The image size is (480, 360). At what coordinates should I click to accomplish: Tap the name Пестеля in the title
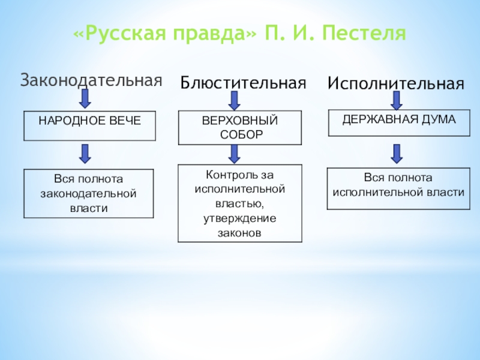point(366,34)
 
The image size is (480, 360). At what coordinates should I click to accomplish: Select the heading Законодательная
point(92,80)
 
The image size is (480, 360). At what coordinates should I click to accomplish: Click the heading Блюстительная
point(244,83)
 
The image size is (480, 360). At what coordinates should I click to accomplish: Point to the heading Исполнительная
point(395,84)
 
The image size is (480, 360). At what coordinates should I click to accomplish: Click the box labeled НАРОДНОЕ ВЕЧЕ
point(89,125)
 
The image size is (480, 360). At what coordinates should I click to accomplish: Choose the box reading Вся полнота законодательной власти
point(88,193)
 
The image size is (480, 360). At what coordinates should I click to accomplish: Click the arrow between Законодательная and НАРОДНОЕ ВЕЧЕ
point(86,98)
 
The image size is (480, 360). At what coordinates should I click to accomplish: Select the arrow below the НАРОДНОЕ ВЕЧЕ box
point(86,154)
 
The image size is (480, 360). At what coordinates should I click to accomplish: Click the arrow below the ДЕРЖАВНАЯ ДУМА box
point(395,153)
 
